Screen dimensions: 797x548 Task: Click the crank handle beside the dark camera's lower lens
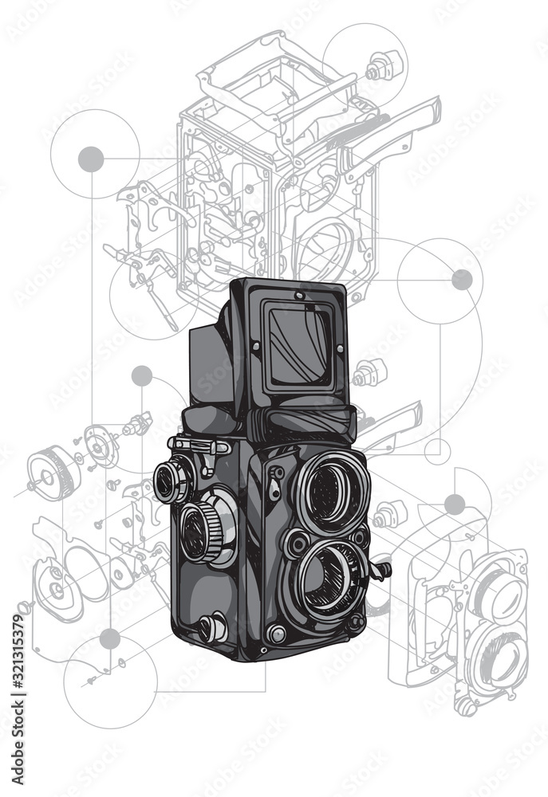381,571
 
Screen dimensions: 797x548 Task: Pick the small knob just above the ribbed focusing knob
172,481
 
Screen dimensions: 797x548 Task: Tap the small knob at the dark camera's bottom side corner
211,628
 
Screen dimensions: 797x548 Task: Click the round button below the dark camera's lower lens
277,634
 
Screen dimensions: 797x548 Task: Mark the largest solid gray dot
91,159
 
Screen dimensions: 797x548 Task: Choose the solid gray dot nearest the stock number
110,638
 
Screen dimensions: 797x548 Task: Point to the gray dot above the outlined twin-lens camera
455,504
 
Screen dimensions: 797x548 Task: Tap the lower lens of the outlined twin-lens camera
498,658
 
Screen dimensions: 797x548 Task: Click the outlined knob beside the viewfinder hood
369,371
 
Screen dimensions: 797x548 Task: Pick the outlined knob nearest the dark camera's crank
389,514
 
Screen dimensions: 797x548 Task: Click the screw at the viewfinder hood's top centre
300,296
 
